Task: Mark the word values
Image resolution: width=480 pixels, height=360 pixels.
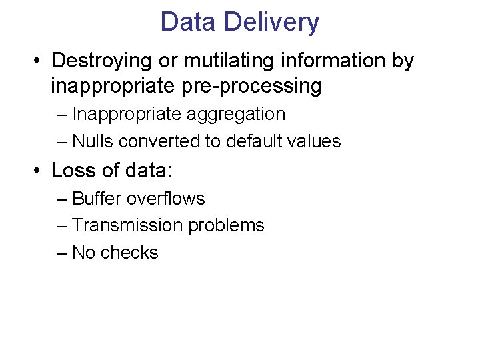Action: tap(317, 141)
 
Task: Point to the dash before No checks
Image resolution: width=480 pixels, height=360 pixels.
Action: tap(63, 253)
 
